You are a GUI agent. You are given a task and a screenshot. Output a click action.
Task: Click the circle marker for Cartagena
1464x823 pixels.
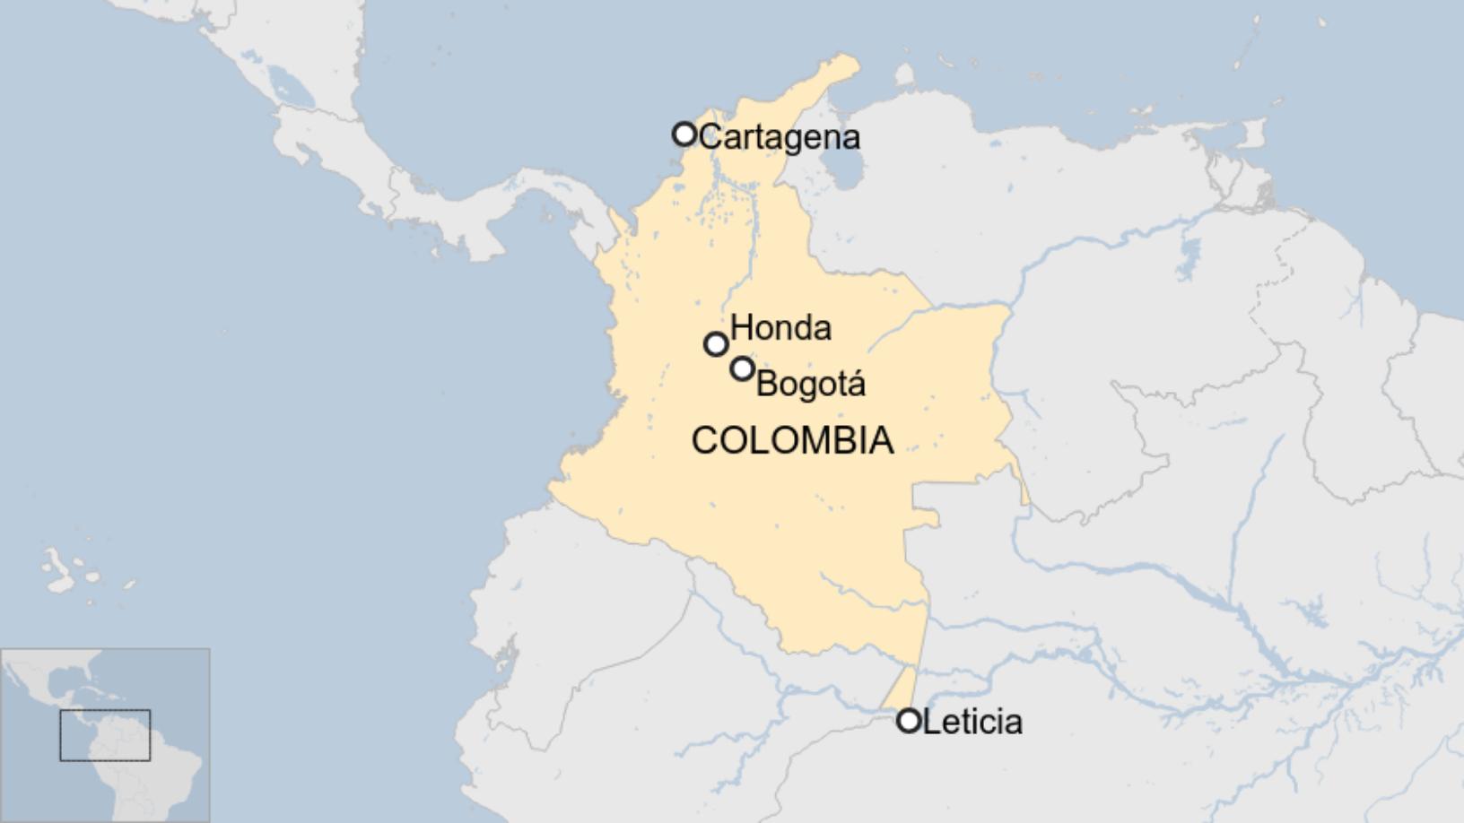coord(684,134)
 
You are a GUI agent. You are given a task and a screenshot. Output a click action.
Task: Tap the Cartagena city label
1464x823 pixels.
coord(779,137)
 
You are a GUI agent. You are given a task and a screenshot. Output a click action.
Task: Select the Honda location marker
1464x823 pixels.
coord(715,343)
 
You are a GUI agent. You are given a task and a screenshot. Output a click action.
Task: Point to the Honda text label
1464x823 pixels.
coord(780,327)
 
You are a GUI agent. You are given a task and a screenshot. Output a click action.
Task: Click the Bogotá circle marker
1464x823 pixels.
coord(742,368)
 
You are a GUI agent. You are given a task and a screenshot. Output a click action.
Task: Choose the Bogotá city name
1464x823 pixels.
coord(810,384)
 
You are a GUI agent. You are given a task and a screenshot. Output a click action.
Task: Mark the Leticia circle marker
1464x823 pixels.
coord(909,720)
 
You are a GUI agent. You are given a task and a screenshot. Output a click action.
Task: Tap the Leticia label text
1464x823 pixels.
coord(972,722)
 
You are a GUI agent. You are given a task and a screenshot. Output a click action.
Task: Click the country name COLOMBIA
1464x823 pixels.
coord(792,440)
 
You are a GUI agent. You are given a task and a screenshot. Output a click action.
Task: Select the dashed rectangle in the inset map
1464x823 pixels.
coord(105,735)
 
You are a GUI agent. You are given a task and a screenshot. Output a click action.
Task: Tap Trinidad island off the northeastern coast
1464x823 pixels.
coord(1253,134)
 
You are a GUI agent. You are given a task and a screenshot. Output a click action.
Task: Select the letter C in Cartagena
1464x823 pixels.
coord(710,137)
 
